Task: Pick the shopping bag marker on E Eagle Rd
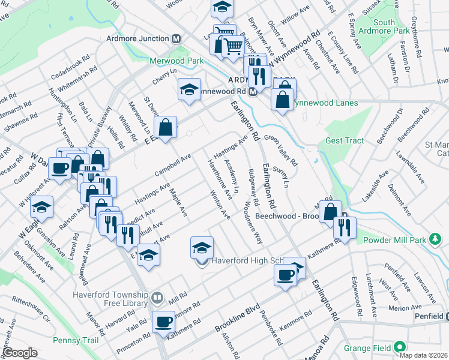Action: click(x=165, y=127)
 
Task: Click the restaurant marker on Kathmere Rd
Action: click(x=345, y=227)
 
